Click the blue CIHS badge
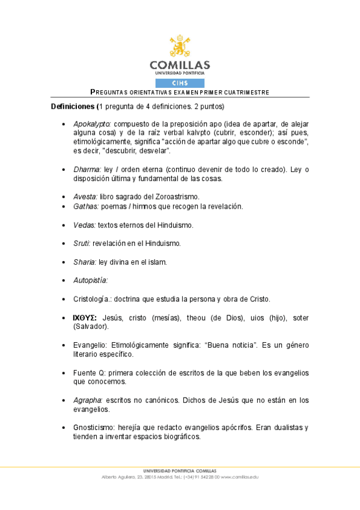pos(180,83)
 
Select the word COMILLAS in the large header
pos(180,64)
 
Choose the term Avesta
pos(85,197)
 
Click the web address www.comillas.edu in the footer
pos(240,477)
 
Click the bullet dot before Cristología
pos(64,299)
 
